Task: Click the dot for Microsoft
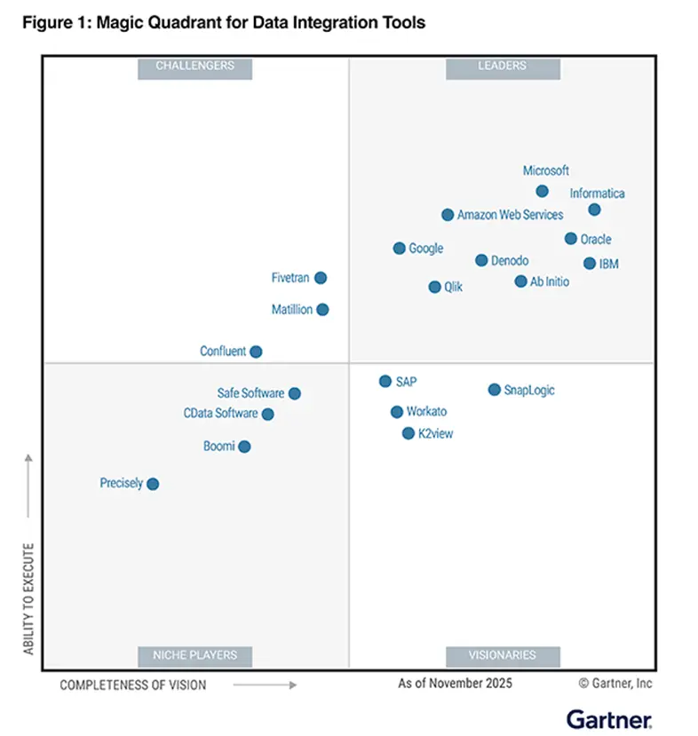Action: [x=542, y=191]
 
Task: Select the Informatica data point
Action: [x=594, y=210]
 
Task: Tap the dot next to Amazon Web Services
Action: [x=448, y=215]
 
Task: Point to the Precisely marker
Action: [x=153, y=484]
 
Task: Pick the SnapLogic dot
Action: [x=495, y=390]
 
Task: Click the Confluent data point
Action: [x=256, y=351]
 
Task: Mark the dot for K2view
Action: [x=408, y=433]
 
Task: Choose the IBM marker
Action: [x=590, y=264]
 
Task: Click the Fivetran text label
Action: [x=290, y=278]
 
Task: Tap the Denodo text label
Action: [x=510, y=260]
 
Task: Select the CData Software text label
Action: [x=220, y=413]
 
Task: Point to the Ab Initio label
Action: [x=550, y=281]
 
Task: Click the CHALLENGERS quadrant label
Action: [x=194, y=67]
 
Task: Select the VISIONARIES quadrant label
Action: [x=503, y=655]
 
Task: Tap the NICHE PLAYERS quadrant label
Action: [x=194, y=655]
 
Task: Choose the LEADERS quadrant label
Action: [x=503, y=67]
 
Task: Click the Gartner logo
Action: [x=609, y=719]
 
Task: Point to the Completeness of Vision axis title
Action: [x=133, y=685]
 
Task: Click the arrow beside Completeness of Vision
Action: [x=266, y=685]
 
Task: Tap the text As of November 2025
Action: [x=455, y=684]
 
